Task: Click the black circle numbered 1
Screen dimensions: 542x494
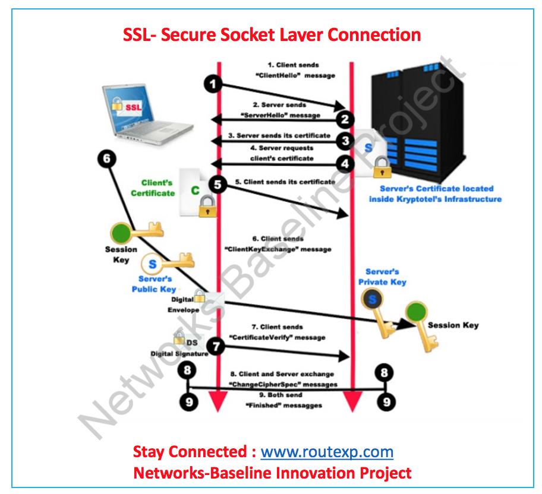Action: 213,84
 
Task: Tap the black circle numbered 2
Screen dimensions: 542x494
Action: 345,119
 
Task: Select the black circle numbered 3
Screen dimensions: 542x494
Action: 345,141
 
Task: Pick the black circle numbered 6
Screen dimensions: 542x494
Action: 107,159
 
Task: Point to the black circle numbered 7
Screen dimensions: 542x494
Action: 216,346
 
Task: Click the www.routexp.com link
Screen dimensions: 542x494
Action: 327,452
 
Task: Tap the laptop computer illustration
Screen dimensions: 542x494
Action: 147,114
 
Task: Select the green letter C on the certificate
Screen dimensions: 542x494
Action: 196,191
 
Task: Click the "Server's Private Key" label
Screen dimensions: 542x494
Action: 382,277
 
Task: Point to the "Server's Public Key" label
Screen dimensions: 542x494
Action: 154,284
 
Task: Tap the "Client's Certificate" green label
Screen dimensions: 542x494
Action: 153,188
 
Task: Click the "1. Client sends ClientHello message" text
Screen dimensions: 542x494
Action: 295,70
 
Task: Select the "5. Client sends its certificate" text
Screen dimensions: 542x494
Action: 285,182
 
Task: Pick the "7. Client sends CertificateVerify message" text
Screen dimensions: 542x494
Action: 278,332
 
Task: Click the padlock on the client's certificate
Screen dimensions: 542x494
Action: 207,206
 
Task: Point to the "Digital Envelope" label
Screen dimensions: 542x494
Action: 183,305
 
